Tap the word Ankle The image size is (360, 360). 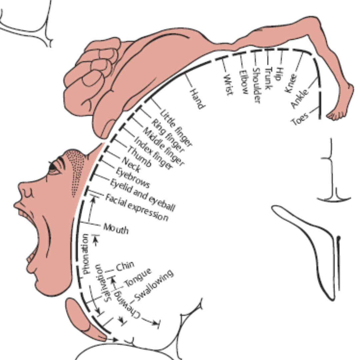(300, 98)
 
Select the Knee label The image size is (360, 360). (291, 83)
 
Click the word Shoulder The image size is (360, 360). (257, 85)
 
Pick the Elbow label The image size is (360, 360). (244, 82)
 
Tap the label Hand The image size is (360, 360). (197, 99)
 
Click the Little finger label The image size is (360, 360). (176, 128)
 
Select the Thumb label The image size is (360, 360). (139, 157)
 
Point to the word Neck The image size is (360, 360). (131, 165)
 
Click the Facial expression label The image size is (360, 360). (137, 207)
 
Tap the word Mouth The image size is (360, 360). (116, 229)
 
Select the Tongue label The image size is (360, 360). (138, 277)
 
